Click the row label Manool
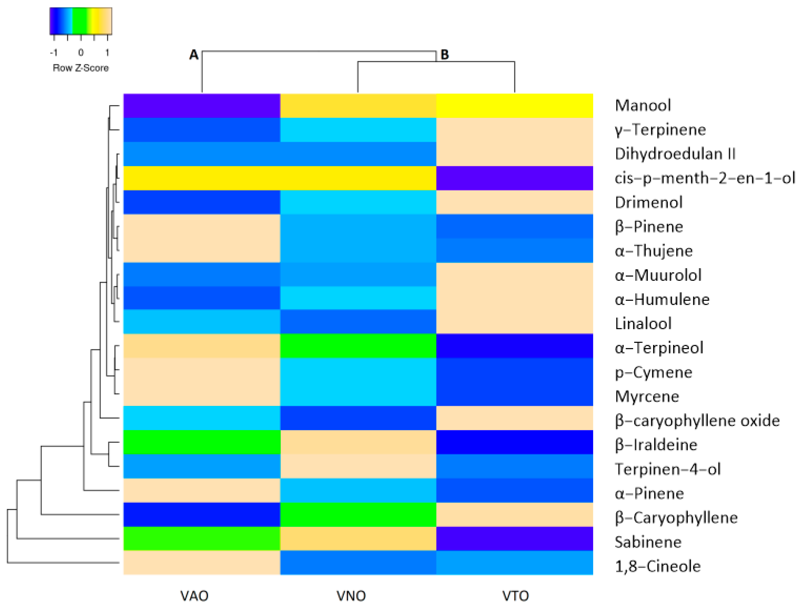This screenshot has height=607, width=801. click(x=643, y=105)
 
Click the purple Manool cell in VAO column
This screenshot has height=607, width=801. click(x=202, y=106)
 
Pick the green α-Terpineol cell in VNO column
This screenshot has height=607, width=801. click(x=358, y=346)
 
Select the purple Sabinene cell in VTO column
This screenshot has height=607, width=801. click(x=514, y=539)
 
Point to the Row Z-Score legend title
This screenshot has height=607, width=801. click(x=80, y=68)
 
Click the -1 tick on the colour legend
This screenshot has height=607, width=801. click(x=54, y=53)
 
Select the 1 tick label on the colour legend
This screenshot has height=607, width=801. click(x=107, y=53)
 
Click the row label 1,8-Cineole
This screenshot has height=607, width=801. click(x=658, y=566)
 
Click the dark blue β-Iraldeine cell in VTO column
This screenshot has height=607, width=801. click(x=514, y=442)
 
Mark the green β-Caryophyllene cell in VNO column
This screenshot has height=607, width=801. click(x=358, y=515)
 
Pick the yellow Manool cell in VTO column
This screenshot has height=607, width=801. click(x=514, y=106)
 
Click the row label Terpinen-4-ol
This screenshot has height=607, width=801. click(x=668, y=469)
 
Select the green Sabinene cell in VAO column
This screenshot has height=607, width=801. click(x=202, y=539)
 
